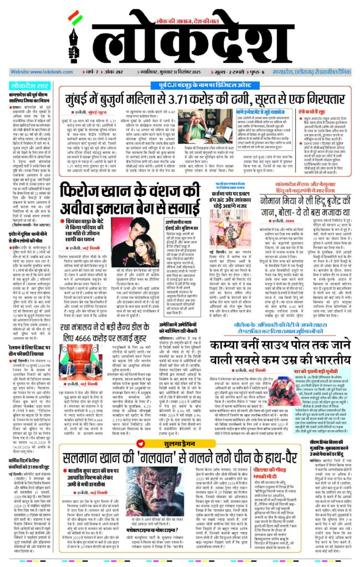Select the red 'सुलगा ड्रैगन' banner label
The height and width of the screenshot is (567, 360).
(x=180, y=443)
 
